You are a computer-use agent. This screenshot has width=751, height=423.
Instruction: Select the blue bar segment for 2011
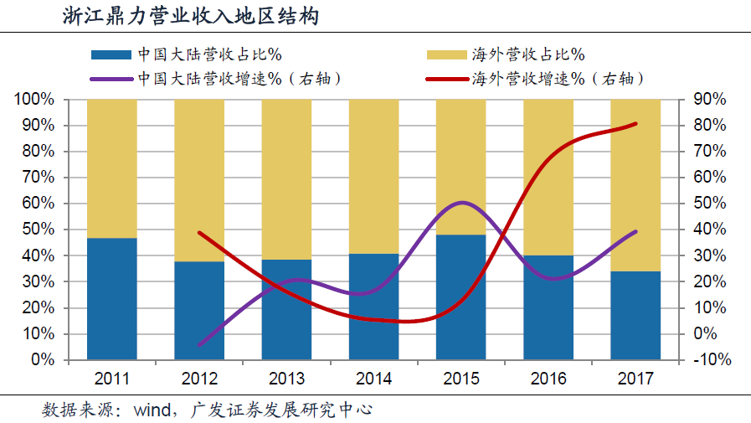[112, 299]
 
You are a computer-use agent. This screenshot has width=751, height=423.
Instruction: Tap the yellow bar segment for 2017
[635, 184]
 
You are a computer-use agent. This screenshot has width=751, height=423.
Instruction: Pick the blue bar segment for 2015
[461, 297]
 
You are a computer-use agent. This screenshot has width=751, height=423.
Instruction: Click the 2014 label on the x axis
[373, 379]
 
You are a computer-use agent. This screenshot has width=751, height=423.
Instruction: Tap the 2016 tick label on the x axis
[548, 379]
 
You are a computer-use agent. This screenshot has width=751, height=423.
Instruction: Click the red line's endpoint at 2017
[635, 124]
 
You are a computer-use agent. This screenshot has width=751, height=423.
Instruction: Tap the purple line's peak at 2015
[461, 203]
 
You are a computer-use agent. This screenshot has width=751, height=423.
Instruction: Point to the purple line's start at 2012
[199, 344]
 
